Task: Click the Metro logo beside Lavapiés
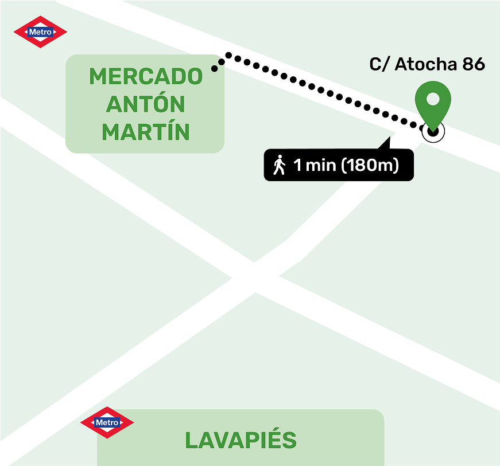(107, 423)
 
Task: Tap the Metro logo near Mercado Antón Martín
(40, 32)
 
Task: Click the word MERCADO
(146, 76)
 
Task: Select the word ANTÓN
(146, 104)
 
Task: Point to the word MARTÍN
(146, 132)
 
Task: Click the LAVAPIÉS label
(241, 440)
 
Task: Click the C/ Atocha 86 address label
(427, 64)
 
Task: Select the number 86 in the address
(474, 64)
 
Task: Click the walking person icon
(280, 165)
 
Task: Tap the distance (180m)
(370, 166)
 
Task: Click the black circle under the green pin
(433, 131)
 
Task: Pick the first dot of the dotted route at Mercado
(215, 68)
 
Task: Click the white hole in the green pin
(433, 99)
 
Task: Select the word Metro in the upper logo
(40, 32)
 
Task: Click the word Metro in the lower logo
(107, 423)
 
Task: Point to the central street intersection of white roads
(256, 278)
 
